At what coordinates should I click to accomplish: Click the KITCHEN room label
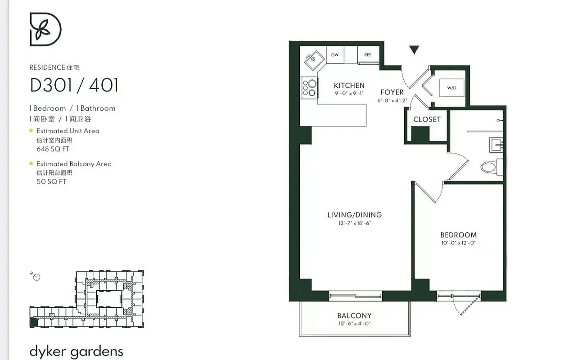[349, 85]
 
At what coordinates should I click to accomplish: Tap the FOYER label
[392, 92]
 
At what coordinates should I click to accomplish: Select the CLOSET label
[427, 119]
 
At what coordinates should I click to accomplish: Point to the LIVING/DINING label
[354, 215]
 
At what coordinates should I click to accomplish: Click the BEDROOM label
[458, 235]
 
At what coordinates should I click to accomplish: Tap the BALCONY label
[354, 316]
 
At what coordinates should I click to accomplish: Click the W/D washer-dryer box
[451, 88]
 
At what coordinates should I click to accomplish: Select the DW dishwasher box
[335, 55]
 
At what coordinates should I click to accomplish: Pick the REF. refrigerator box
[368, 55]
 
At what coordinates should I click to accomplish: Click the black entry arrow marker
[414, 50]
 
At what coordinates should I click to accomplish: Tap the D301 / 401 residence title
[74, 85]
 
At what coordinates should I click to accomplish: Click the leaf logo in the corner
[45, 29]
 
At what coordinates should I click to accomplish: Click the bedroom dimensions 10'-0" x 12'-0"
[458, 243]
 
